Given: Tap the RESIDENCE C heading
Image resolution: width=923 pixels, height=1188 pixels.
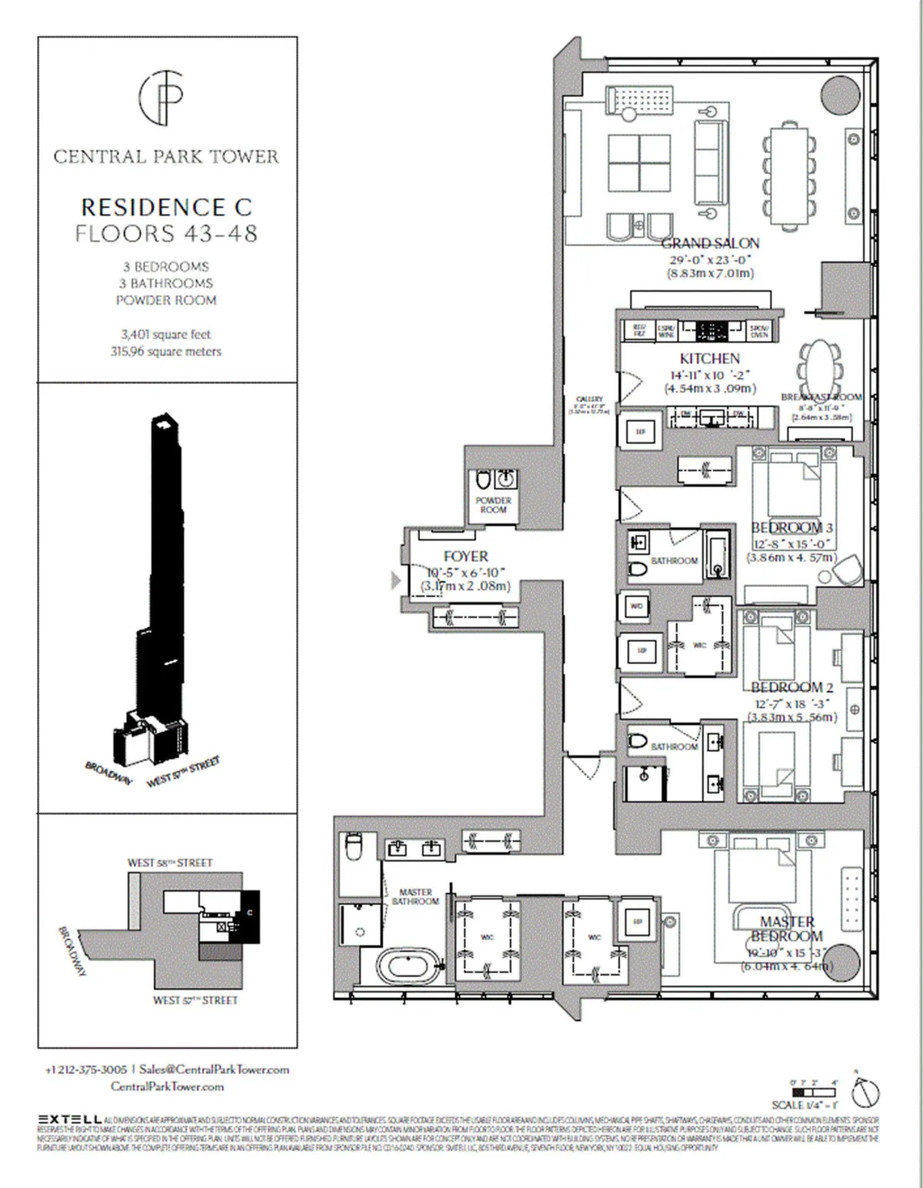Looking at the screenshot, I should pos(166,207).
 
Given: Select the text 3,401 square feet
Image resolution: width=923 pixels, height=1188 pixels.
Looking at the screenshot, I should pos(165,335).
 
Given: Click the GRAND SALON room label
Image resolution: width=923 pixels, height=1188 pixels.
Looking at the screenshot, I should pos(710,243).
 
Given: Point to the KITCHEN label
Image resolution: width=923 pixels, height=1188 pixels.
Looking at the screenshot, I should pos(709,359).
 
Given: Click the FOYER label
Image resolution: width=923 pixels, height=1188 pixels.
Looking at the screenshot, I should pos(465,556).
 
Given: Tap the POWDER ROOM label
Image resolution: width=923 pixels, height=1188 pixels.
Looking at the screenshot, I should pos(493,505).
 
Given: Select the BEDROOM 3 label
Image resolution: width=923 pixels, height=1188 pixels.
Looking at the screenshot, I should pos(791,528).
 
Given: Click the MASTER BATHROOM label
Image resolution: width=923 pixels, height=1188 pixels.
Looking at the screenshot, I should pos(415,896).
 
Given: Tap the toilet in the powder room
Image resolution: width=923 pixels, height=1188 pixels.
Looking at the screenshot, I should pos(483,481).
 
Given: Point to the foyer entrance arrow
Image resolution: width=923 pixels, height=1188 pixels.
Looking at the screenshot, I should pos(396,580).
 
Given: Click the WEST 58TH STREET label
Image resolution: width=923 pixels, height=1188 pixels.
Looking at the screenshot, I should pos(169,863).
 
